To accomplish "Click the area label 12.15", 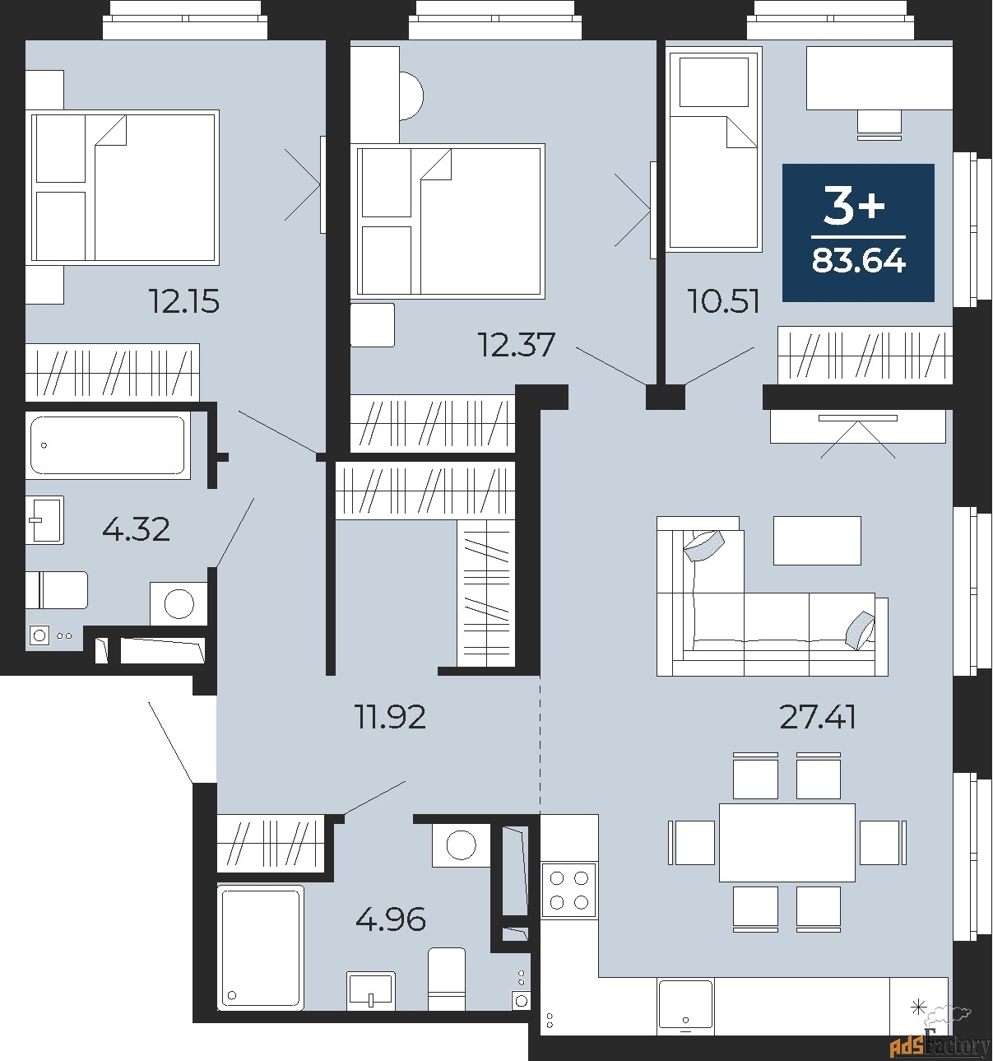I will click(183, 302).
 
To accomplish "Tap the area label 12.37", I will click(517, 344).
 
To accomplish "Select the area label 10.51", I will click(723, 302).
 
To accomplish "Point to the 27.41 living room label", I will click(817, 717).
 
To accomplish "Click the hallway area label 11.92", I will click(390, 717).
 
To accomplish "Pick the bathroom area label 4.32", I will click(136, 528).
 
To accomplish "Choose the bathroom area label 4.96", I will click(391, 919).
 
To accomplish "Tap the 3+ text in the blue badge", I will click(855, 206).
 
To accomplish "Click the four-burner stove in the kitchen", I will click(568, 890).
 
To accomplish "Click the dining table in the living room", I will click(787, 842).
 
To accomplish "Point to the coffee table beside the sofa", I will click(816, 540).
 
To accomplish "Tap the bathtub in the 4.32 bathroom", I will click(107, 445).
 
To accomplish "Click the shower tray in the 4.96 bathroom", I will click(260, 947).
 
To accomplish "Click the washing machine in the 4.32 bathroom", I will click(179, 603).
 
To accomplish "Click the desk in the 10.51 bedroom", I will click(878, 77).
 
